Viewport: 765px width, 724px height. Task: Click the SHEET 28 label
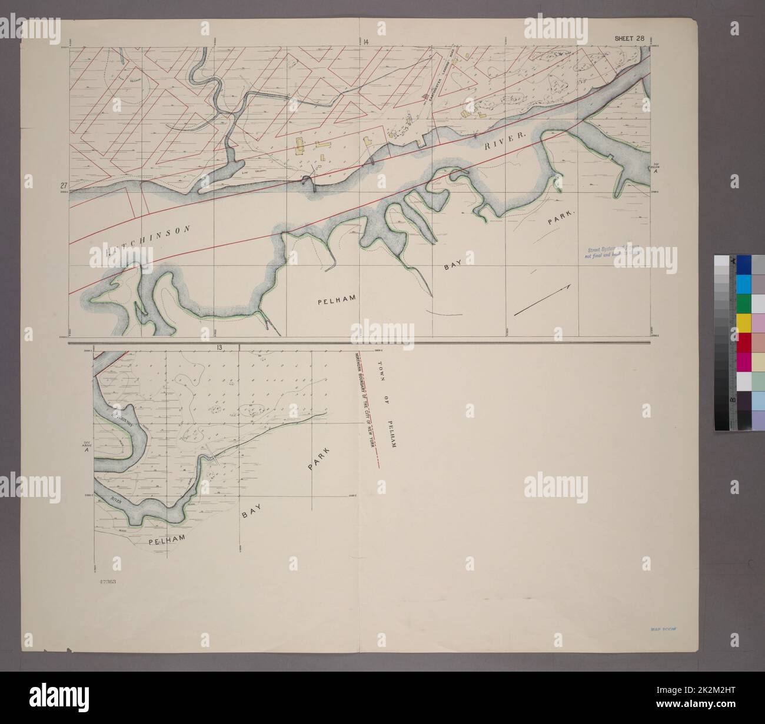629,39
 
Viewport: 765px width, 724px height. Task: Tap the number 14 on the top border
365,41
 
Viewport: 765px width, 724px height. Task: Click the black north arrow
542,301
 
